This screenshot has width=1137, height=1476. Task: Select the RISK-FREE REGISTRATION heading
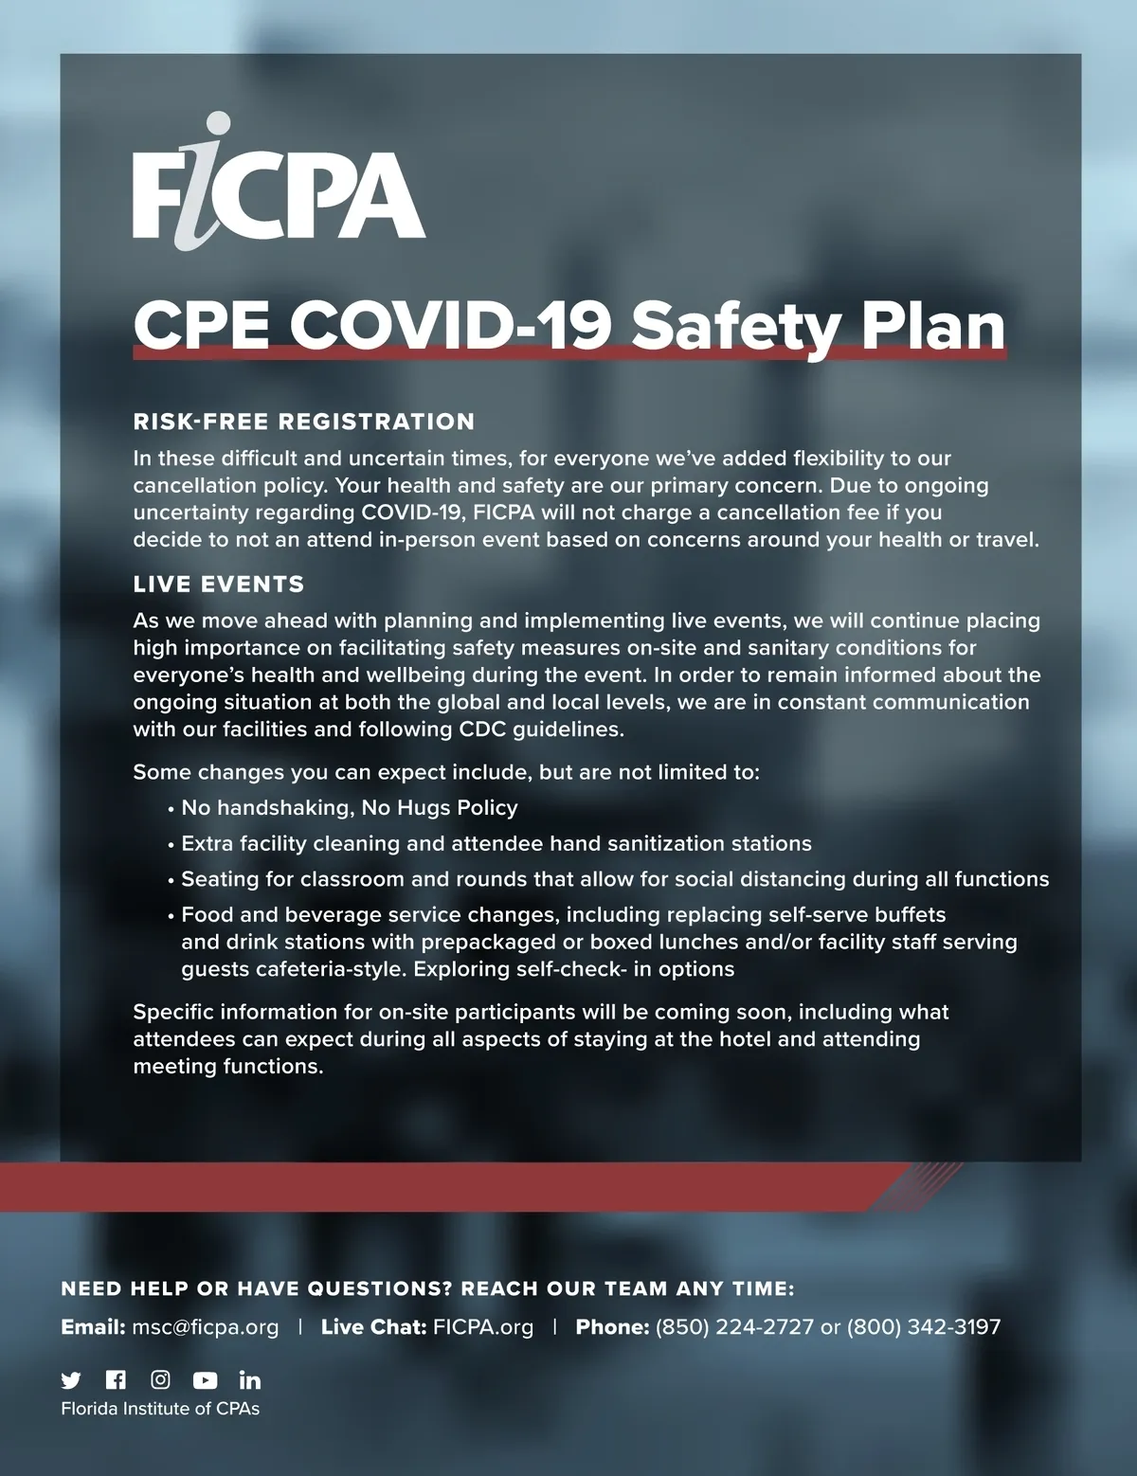point(304,422)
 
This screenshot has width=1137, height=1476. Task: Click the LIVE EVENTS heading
point(219,585)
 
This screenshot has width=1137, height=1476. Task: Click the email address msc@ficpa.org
point(206,1327)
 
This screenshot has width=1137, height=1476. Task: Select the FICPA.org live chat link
point(482,1327)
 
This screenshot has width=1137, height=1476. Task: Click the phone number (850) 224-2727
point(734,1327)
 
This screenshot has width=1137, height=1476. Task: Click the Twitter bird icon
point(71,1380)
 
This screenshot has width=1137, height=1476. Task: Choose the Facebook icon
point(116,1380)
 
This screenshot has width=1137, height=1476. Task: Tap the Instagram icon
point(160,1380)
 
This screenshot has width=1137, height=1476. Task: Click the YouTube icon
point(205,1380)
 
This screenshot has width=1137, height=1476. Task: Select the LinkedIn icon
point(249,1380)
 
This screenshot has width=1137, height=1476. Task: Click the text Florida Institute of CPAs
point(160,1409)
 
